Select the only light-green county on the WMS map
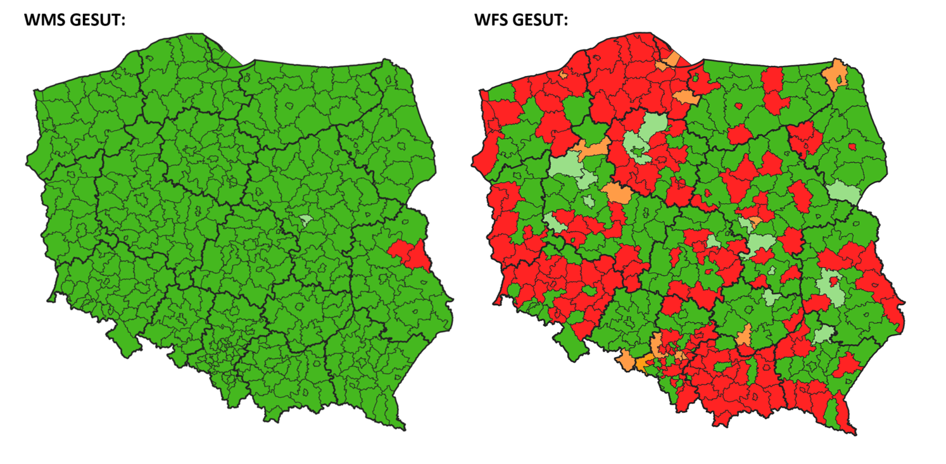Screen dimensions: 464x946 [x=306, y=221]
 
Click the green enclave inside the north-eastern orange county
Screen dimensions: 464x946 [x=840, y=80]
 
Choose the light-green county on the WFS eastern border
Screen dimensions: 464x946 [x=844, y=192]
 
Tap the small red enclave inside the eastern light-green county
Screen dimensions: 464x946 [x=834, y=280]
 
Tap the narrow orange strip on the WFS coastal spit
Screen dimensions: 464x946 [x=672, y=59]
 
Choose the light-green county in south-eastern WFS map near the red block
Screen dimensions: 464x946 [x=823, y=334]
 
